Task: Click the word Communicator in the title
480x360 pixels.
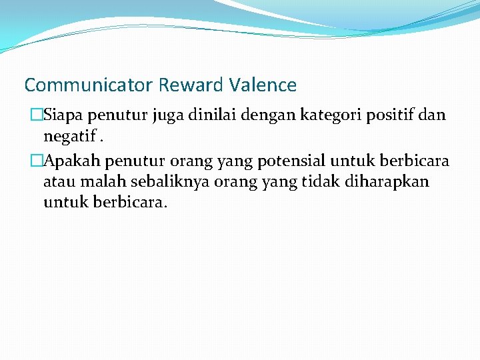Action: [x=89, y=85]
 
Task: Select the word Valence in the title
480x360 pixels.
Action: [x=263, y=85]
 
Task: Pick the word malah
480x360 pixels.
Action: [x=97, y=181]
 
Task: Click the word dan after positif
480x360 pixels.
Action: [x=433, y=115]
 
